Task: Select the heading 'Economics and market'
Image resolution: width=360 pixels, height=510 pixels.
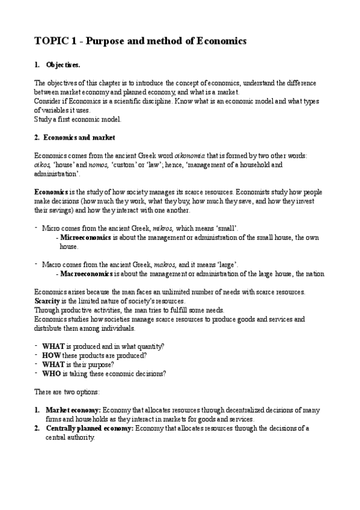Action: pyautogui.click(x=76, y=137)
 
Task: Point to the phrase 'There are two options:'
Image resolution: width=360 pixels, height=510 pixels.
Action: pyautogui.click(x=69, y=392)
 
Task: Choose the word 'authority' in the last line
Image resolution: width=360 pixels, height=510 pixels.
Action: pyautogui.click(x=82, y=438)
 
